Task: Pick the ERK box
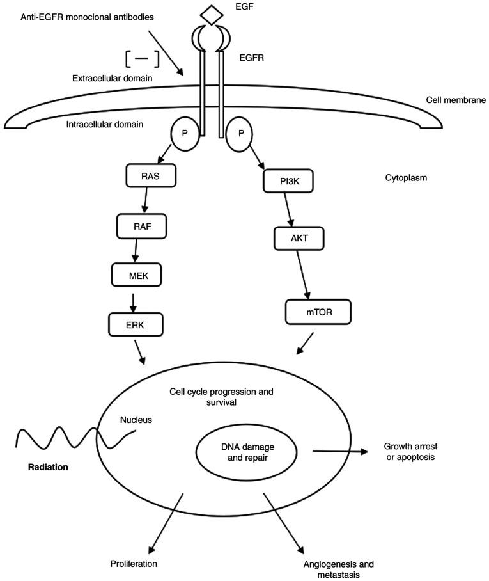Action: coord(136,325)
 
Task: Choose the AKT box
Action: coord(299,238)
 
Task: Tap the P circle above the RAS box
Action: coord(185,135)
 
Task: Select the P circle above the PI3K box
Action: coord(240,135)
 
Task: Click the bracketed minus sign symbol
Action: coord(142,58)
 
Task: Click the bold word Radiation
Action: coord(48,467)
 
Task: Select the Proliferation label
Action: coord(133,564)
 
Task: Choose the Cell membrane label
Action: coord(456,100)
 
